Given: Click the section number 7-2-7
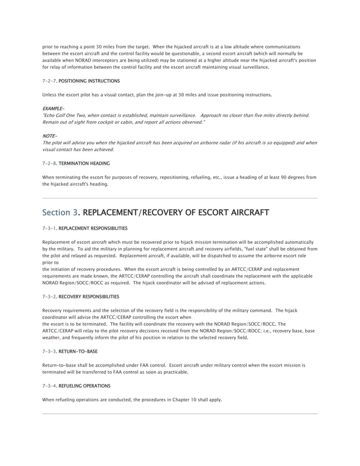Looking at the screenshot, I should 50,81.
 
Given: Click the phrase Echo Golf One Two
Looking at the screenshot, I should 63,115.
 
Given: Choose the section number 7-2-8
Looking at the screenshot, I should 50,164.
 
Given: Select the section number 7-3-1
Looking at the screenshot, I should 50,228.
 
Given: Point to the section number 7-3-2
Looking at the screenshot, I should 50,296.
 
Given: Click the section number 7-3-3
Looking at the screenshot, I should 50,351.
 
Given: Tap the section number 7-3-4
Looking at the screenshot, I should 50,386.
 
